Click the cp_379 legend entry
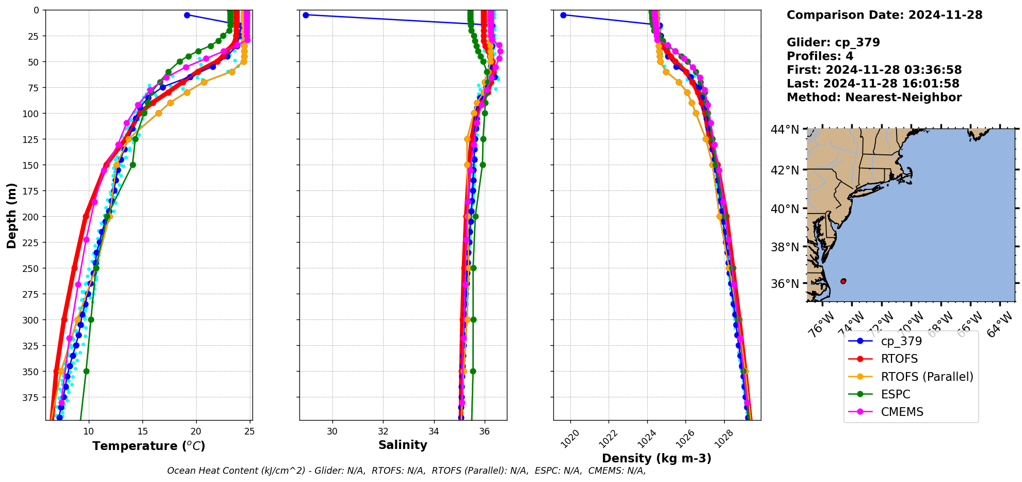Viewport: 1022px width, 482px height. (x=901, y=341)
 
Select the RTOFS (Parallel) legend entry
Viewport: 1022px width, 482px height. (x=927, y=377)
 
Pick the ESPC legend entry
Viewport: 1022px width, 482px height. (x=896, y=394)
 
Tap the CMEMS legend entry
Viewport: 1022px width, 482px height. (x=902, y=412)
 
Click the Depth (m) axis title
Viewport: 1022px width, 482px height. (x=11, y=215)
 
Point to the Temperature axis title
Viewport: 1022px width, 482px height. (x=149, y=446)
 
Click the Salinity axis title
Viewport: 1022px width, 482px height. (x=403, y=445)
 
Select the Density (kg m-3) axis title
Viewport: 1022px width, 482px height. (x=657, y=458)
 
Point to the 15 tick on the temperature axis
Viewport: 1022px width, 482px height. (x=142, y=431)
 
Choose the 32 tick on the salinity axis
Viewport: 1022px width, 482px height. (x=383, y=431)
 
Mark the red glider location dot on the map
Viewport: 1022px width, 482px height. (x=843, y=281)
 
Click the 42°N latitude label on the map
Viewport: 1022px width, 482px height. (x=785, y=170)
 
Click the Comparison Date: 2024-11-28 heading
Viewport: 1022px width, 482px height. (x=884, y=15)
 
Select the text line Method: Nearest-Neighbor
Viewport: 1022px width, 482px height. (x=874, y=98)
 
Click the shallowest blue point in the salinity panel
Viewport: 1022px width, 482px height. (x=306, y=15)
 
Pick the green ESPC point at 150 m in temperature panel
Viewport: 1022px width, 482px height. (x=133, y=165)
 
